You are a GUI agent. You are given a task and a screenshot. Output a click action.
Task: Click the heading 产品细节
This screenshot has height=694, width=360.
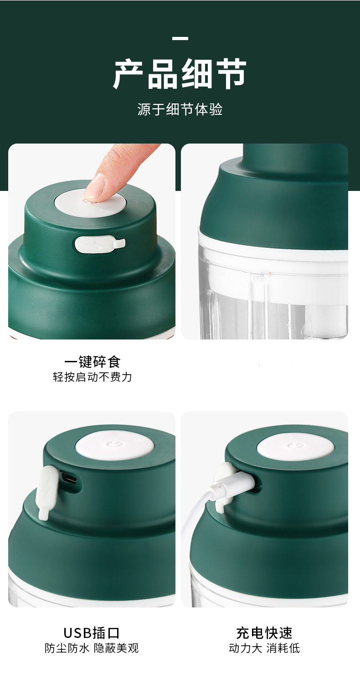[180, 74]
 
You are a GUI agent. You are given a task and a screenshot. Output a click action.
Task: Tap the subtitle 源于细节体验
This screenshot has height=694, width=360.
[180, 109]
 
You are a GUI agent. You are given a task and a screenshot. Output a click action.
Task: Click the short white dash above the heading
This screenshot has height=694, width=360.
[180, 39]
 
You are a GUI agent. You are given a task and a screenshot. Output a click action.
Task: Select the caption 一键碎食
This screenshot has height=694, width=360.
[93, 361]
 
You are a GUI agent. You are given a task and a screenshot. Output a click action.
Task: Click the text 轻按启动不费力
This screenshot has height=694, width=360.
[93, 377]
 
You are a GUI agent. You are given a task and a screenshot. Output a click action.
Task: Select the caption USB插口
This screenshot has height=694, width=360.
[92, 633]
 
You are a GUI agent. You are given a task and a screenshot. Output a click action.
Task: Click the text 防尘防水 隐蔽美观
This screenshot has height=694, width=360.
[92, 648]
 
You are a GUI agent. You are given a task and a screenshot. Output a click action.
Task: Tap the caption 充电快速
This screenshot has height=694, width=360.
[264, 633]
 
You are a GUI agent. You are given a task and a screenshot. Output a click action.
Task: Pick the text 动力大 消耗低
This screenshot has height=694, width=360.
[264, 648]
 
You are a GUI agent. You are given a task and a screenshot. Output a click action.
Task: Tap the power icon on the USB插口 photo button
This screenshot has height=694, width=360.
[115, 444]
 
